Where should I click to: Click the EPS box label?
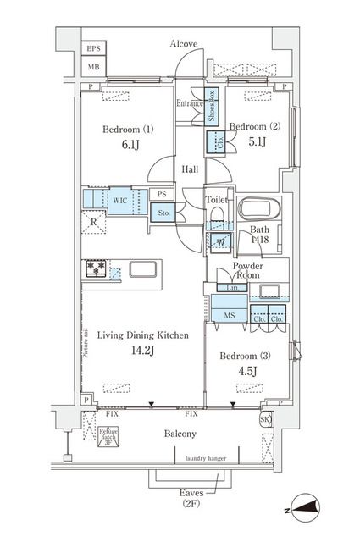pos(92,50)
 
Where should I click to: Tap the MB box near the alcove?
pos(92,66)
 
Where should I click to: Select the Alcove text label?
pos(183,43)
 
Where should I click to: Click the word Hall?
pos(191,169)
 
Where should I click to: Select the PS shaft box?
pos(162,194)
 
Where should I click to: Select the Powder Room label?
pos(249,271)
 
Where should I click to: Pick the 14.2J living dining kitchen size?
pos(134,351)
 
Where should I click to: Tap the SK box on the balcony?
pos(265,420)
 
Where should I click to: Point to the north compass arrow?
pos(307,509)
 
